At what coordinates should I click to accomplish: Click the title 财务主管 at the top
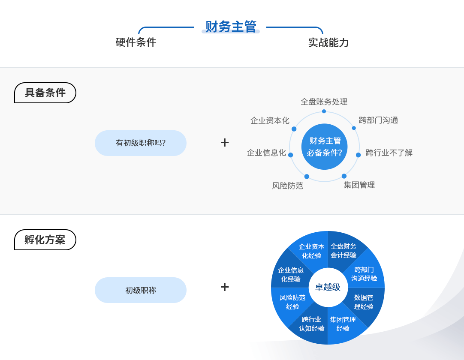pyautogui.click(x=231, y=27)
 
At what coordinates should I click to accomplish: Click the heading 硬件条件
pyautogui.click(x=136, y=42)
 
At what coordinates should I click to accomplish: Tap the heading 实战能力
pyautogui.click(x=328, y=43)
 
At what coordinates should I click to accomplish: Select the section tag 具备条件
pyautogui.click(x=45, y=93)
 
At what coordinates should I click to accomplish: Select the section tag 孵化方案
pyautogui.click(x=45, y=240)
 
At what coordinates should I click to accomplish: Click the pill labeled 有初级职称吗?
pyautogui.click(x=141, y=143)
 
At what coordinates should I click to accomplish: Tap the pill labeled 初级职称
pyautogui.click(x=141, y=290)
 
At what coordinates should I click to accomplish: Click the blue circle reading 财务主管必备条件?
pyautogui.click(x=324, y=147)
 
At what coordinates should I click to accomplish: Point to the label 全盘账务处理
pyautogui.click(x=324, y=102)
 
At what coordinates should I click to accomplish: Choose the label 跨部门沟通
pyautogui.click(x=378, y=120)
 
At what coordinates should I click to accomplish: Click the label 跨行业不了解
pyautogui.click(x=389, y=153)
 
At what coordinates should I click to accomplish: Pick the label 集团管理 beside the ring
pyautogui.click(x=359, y=185)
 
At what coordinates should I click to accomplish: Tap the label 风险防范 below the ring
pyautogui.click(x=287, y=186)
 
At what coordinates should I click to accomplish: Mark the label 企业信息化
pyautogui.click(x=266, y=153)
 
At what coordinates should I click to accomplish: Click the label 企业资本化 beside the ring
pyautogui.click(x=270, y=120)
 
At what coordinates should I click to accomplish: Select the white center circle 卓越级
pyautogui.click(x=328, y=287)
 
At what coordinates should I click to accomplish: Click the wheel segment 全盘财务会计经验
pyautogui.click(x=343, y=251)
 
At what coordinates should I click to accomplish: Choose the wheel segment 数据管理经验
pyautogui.click(x=364, y=302)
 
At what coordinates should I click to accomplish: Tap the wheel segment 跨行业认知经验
pyautogui.click(x=311, y=324)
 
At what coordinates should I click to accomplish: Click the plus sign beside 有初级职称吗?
pyautogui.click(x=225, y=143)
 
